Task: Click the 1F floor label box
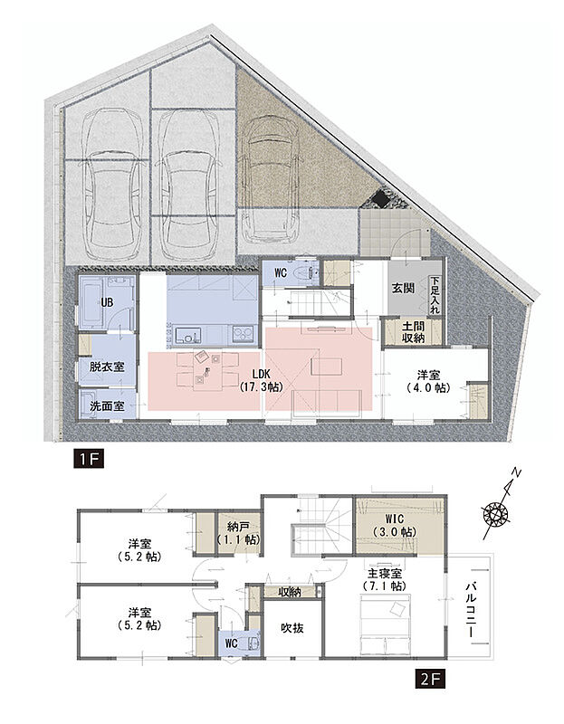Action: click(88, 460)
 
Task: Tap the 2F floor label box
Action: click(430, 680)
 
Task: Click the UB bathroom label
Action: click(107, 302)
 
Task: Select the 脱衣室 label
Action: click(107, 367)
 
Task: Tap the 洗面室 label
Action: click(107, 405)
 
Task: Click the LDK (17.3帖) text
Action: click(261, 380)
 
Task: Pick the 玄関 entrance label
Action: click(403, 289)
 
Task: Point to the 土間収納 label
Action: click(413, 331)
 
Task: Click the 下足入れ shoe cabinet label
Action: click(435, 296)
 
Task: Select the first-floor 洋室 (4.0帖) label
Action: click(429, 381)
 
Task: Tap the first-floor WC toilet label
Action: click(281, 273)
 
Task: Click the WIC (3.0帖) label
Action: click(394, 525)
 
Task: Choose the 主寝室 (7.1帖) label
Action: click(385, 580)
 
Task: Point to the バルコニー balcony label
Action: click(471, 609)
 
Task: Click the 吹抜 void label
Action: click(292, 628)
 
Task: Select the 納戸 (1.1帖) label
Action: click(238, 532)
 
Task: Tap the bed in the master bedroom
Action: click(385, 622)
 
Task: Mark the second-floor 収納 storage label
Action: click(290, 592)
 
